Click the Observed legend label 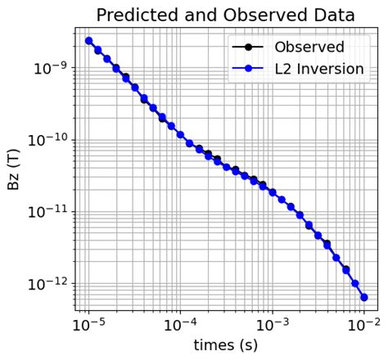pyautogui.click(x=309, y=47)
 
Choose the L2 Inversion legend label pyautogui.click(x=318, y=69)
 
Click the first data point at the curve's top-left pyautogui.click(x=88, y=41)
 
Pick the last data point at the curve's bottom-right pyautogui.click(x=364, y=297)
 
